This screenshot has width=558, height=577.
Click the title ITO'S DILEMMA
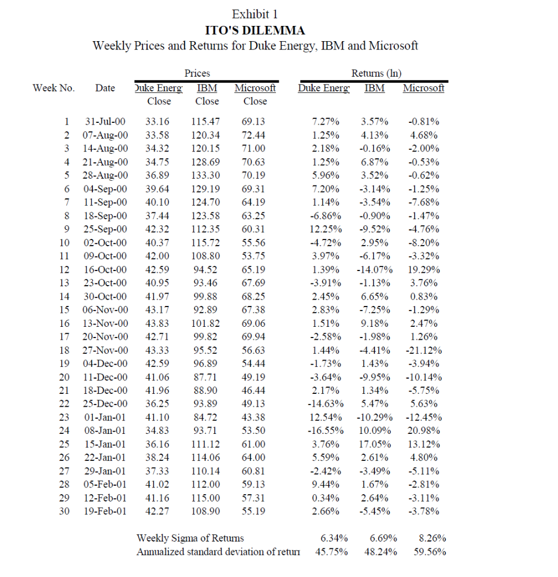(x=255, y=30)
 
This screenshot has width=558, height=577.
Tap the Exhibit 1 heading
(x=255, y=14)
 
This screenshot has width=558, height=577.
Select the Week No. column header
(x=53, y=88)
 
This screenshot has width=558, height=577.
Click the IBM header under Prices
(x=207, y=88)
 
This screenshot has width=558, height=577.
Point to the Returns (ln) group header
(x=376, y=73)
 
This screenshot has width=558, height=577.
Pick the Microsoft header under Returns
(x=423, y=88)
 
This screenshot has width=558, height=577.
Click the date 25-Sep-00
(x=106, y=229)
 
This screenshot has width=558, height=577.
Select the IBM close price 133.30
(x=207, y=175)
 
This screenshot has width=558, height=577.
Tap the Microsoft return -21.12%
(x=423, y=350)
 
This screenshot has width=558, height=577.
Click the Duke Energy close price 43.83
(x=157, y=323)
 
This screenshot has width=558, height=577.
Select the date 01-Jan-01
(x=106, y=418)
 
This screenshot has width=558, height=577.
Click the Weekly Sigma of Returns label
(x=190, y=538)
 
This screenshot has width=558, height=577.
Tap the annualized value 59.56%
(x=430, y=552)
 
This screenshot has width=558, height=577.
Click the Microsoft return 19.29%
(x=423, y=270)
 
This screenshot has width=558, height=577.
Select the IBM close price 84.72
(x=207, y=418)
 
